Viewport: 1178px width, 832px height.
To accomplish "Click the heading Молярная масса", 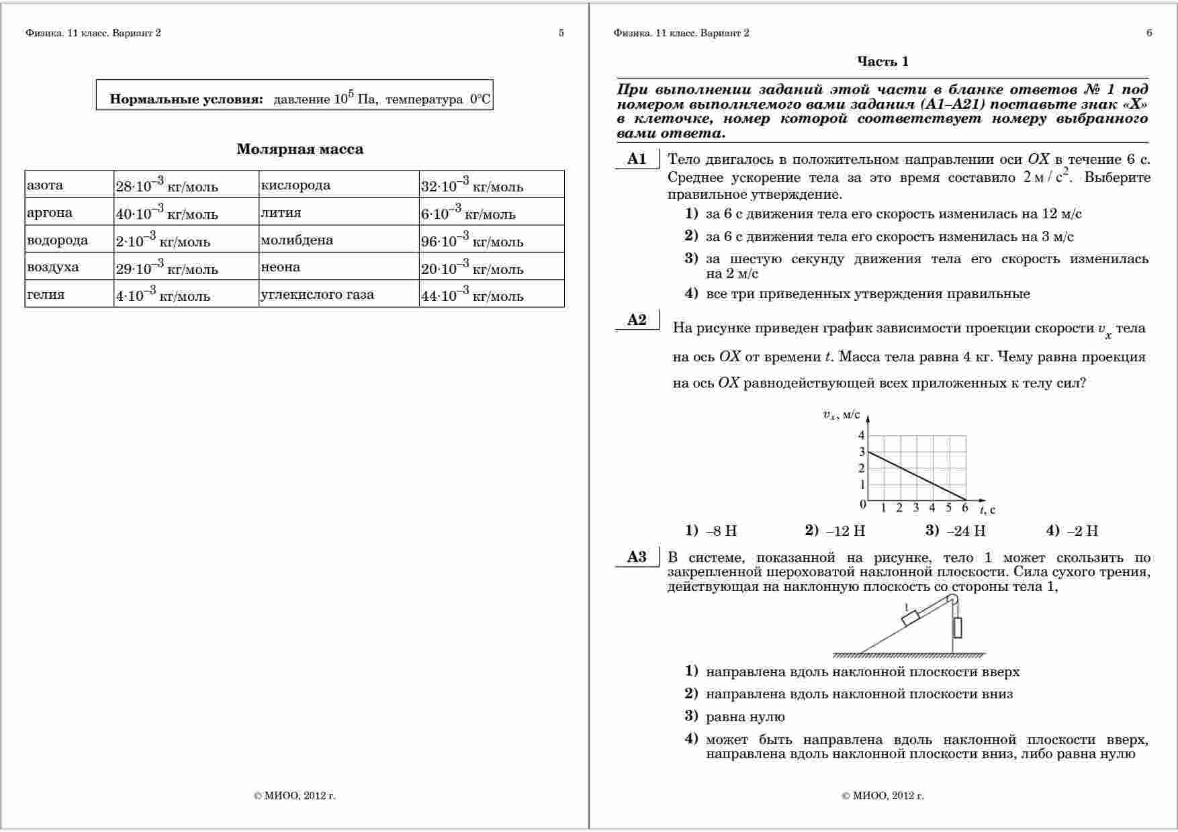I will tap(300, 149).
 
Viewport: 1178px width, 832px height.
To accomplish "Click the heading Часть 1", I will tap(882, 62).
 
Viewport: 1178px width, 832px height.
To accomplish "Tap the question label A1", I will tap(637, 159).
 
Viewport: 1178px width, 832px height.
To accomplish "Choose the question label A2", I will tap(637, 320).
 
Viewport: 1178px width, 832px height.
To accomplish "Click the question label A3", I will tap(637, 557).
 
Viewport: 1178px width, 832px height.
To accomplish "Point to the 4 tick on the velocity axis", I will tap(862, 436).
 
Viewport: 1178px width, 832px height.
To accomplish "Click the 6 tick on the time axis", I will tap(965, 508).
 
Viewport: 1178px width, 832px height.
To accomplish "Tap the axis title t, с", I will tap(987, 510).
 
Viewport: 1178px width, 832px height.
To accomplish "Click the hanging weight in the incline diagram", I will tap(957, 627).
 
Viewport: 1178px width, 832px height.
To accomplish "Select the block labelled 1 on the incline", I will tap(911, 617).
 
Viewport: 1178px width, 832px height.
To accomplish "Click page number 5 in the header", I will tap(561, 33).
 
